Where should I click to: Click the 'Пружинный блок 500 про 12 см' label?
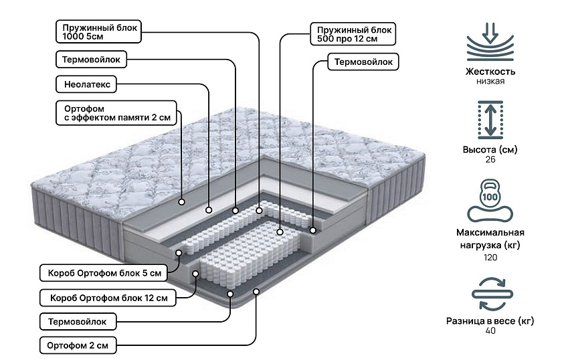(353, 34)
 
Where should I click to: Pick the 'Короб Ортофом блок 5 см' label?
(101, 273)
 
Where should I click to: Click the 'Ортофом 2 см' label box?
(78, 346)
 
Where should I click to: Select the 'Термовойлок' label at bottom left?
(78, 322)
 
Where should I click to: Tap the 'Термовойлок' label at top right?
(363, 62)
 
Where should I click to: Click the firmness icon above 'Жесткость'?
(490, 41)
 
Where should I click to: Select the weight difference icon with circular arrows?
(490, 294)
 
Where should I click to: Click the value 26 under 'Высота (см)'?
(490, 160)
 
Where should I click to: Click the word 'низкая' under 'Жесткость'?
(490, 82)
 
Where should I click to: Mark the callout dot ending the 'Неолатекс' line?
(209, 209)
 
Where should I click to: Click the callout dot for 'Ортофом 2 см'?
(257, 291)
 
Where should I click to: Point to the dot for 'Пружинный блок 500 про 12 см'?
(280, 232)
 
